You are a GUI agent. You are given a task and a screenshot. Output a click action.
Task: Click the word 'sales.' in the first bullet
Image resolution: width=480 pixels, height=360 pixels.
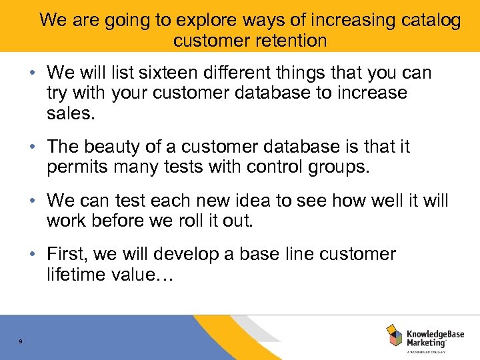[x=71, y=113]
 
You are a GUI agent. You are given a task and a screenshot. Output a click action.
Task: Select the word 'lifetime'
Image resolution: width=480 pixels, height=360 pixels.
[x=77, y=274]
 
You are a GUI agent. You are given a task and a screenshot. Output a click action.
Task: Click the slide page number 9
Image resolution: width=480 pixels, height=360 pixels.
[x=21, y=341]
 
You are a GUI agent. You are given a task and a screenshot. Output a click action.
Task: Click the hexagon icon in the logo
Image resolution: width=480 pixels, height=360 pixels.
[x=395, y=336]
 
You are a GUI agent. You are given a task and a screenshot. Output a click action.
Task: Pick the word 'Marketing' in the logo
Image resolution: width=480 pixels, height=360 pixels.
[x=427, y=343]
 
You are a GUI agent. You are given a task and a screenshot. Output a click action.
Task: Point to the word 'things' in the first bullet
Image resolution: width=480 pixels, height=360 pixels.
[x=313, y=72]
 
